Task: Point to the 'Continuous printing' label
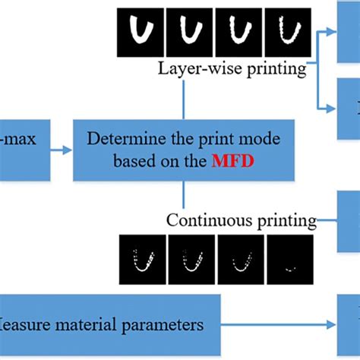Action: pyautogui.click(x=242, y=220)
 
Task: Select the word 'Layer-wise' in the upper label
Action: pyautogui.click(x=194, y=68)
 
